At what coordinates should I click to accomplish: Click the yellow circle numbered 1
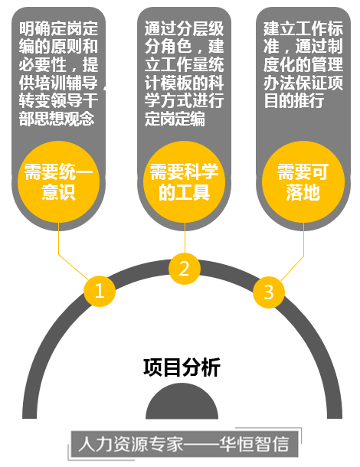[x=100, y=291]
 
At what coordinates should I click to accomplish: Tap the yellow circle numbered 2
[x=185, y=269]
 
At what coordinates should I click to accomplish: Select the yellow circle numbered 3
[x=269, y=292]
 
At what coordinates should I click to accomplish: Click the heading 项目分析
[x=182, y=367]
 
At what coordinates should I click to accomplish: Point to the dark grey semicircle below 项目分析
[x=182, y=402]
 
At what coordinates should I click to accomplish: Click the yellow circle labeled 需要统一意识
[x=59, y=181]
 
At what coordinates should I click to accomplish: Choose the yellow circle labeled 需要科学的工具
[x=185, y=181]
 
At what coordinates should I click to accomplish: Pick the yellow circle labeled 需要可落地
[x=303, y=181]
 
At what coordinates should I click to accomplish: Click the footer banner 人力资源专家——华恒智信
[x=185, y=444]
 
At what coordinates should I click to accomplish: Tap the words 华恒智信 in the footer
[x=254, y=444]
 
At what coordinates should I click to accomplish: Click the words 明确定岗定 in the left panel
[x=58, y=28]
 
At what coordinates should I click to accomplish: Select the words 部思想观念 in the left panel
[x=57, y=119]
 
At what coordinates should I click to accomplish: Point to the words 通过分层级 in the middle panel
[x=184, y=28]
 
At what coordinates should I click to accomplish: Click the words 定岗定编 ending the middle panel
[x=175, y=119]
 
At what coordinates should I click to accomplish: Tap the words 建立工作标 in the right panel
[x=303, y=28]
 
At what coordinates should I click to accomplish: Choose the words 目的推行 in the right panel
[x=294, y=100]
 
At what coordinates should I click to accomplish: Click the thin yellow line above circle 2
[x=185, y=238]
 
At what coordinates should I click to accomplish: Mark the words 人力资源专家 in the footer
[x=131, y=444]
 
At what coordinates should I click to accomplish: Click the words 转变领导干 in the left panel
[x=58, y=100]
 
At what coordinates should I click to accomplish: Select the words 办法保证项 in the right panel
[x=303, y=83]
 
